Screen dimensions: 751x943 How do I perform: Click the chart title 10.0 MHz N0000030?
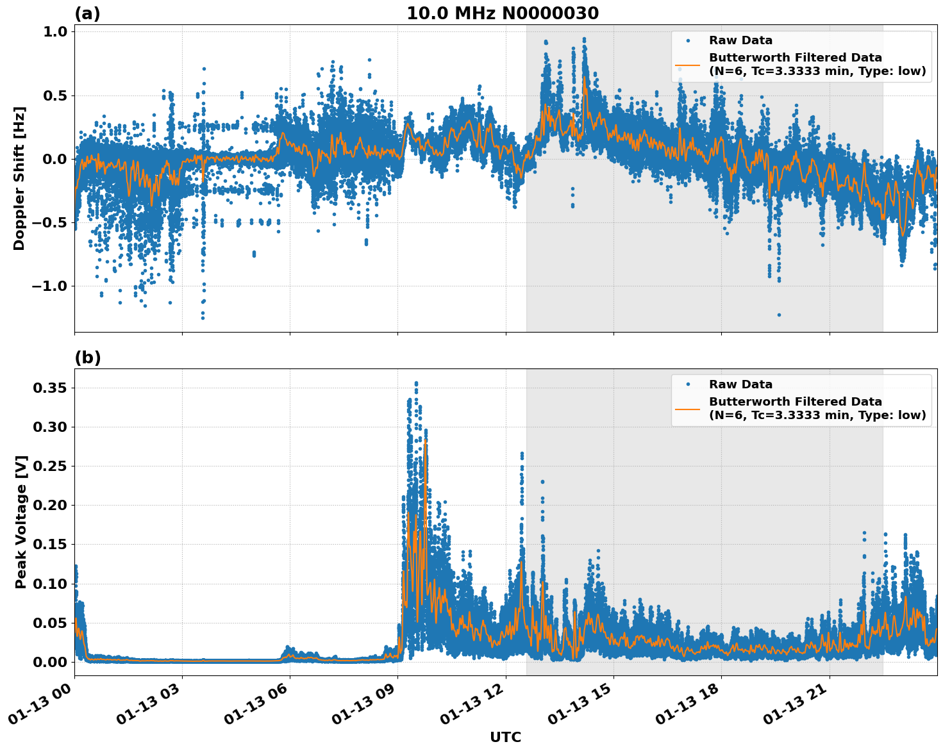coord(502,13)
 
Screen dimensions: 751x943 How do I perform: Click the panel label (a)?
coord(87,13)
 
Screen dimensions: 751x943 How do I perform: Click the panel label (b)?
coord(87,358)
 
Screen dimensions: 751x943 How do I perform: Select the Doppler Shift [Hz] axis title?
coord(19,178)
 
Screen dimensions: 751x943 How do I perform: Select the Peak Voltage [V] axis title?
coord(21,522)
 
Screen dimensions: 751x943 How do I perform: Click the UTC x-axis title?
coord(505,737)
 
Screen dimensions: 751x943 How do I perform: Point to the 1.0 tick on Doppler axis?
coord(54,32)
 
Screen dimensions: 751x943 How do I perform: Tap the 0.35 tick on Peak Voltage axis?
coord(51,388)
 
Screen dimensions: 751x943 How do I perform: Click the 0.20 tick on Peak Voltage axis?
coord(51,505)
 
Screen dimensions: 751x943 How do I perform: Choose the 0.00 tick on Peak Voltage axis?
coord(51,662)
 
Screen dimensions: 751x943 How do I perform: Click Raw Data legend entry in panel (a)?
coord(740,40)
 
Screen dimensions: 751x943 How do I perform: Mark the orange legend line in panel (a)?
coord(687,64)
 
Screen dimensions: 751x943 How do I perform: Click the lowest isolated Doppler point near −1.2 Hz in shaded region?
coord(779,315)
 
